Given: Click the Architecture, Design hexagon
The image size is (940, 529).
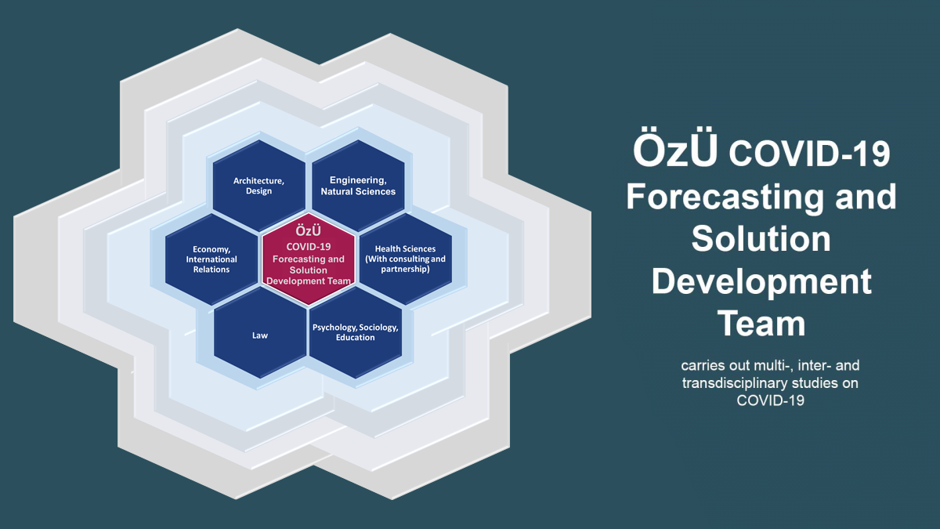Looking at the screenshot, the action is coord(259,186).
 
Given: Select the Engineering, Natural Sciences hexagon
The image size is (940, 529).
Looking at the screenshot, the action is coord(358,186).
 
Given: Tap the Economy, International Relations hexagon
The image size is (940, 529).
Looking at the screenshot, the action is coord(211,259).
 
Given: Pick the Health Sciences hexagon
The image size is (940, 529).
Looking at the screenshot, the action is coord(406,259).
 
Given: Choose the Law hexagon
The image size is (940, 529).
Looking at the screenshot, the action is coord(260,333).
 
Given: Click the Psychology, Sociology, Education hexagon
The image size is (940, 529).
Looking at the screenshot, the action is coord(356,333).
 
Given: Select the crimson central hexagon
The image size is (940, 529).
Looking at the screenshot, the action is coord(309,259).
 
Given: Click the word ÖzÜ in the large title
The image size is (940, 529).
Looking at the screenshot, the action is coord(675,151).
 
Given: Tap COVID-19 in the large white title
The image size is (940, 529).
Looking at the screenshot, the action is coord(809,154).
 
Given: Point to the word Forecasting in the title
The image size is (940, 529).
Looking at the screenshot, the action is coord(725,197).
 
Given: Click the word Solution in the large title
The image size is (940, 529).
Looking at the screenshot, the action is coord(761,238).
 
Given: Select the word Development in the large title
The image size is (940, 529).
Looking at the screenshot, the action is coord(761,282).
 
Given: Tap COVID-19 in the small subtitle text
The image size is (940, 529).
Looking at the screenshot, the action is coord(771,400).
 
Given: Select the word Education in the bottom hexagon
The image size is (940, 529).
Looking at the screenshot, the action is coord(356,338).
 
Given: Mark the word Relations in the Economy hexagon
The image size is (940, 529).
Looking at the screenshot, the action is coord(211,270).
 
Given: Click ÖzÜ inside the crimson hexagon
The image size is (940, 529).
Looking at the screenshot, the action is coord(309,230).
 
